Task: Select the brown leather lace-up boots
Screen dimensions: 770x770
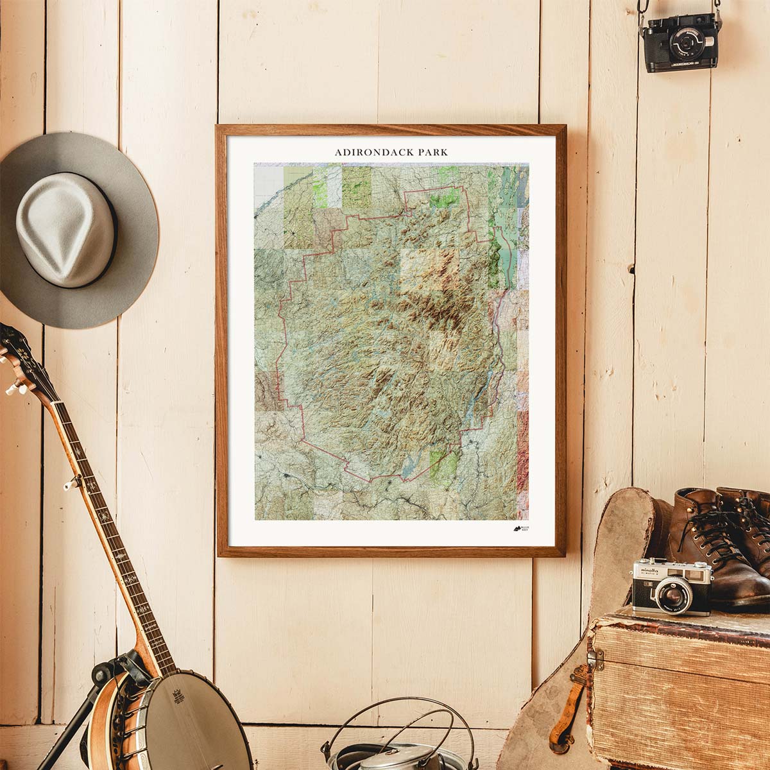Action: click(x=719, y=539)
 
